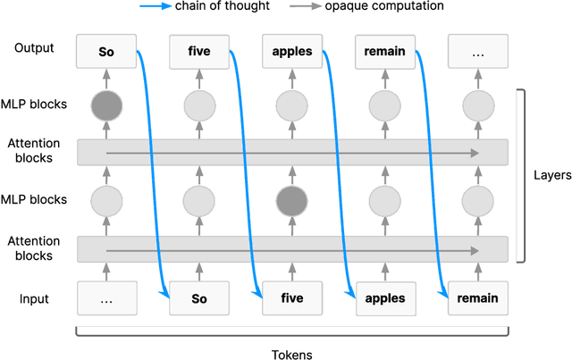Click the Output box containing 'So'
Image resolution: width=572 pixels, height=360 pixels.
pos(106,52)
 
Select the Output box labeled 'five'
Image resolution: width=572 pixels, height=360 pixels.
pos(199,52)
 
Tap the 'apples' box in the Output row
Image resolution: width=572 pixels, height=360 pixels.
pos(292,52)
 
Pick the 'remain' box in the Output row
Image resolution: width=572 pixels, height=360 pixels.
pos(385,52)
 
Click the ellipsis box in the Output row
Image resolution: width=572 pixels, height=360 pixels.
pos(478,52)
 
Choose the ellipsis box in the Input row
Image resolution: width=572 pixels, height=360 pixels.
pos(106,298)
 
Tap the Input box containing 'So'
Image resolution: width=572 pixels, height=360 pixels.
pos(199,298)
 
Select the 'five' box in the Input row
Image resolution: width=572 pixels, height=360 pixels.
pos(292,298)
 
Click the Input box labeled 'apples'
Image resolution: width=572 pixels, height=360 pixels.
pos(385,298)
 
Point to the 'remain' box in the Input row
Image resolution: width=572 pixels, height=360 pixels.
pos(478,298)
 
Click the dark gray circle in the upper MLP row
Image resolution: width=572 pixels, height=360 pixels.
pos(106,106)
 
